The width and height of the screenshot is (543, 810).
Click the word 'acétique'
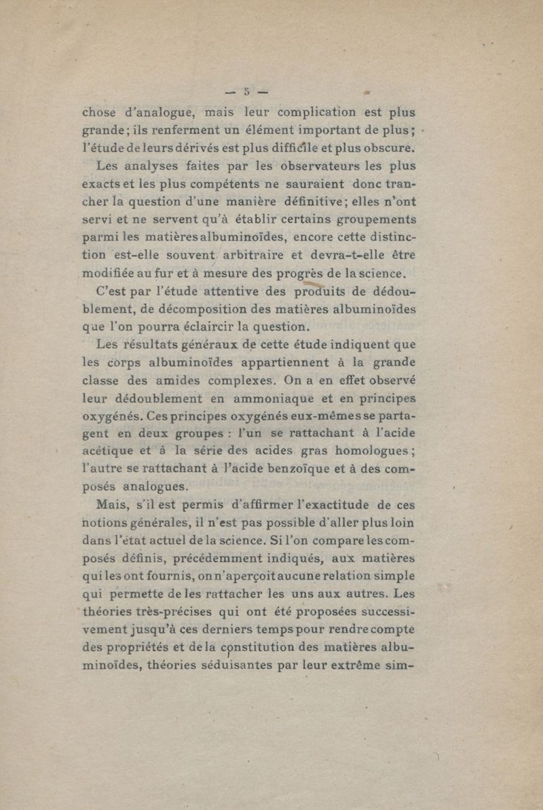107,452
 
